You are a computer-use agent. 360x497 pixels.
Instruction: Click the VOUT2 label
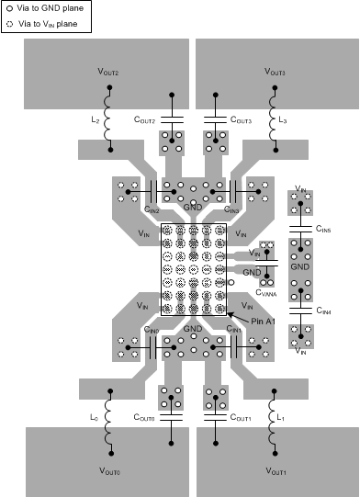tap(108, 72)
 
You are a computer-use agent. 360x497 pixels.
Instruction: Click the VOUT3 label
tap(275, 72)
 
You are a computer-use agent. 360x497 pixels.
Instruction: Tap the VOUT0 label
tap(108, 471)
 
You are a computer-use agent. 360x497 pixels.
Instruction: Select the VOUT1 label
tap(275, 471)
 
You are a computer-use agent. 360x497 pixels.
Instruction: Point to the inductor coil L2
tap(108, 120)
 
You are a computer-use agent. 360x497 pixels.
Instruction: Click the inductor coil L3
tap(273, 120)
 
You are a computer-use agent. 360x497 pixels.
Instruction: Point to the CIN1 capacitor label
tap(234, 329)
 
